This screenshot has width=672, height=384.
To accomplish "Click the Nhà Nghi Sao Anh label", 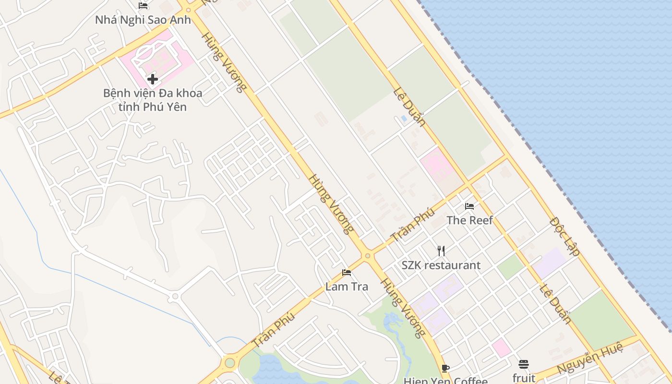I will (143, 20).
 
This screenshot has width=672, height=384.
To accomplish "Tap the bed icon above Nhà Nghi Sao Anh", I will (143, 6).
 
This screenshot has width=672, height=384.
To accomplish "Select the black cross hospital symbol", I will (153, 79).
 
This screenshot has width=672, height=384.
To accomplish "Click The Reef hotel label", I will (469, 220).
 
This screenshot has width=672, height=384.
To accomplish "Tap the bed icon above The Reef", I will (469, 206).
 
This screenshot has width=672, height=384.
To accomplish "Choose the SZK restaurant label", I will (441, 265).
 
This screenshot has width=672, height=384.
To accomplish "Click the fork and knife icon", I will (441, 251).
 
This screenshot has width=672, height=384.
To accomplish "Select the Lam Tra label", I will (347, 287).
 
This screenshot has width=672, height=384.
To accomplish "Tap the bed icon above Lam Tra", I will (347, 273).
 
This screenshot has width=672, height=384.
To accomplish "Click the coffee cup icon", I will (445, 368).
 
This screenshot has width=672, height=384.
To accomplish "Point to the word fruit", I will (524, 377).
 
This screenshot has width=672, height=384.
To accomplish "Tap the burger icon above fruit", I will (524, 364).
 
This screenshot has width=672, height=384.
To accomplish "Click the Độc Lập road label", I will (565, 237).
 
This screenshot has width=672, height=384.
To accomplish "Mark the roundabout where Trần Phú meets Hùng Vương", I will (368, 256).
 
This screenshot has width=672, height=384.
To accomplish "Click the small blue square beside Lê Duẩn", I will (404, 118).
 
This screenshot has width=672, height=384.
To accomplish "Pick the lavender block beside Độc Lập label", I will (550, 262).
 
